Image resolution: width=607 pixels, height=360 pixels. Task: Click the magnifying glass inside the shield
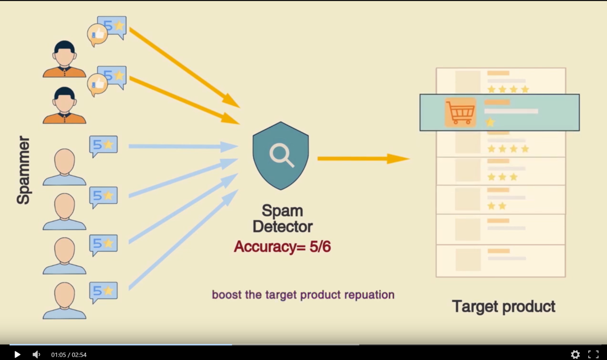click(x=281, y=154)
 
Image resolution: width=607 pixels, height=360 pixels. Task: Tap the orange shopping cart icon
click(x=460, y=113)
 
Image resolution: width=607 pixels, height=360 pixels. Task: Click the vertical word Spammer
click(x=23, y=170)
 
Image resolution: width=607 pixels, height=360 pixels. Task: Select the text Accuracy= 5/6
click(x=282, y=247)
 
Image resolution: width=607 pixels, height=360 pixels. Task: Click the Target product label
click(x=504, y=307)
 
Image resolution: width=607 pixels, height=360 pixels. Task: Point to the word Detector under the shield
click(x=282, y=227)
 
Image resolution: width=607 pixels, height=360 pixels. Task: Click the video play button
click(x=17, y=354)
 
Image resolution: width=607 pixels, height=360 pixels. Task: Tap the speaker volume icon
click(x=37, y=354)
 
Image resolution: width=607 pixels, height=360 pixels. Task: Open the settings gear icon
click(x=575, y=354)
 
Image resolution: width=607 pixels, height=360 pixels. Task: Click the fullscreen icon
click(x=593, y=354)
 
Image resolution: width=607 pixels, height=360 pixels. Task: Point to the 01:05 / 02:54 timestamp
click(x=69, y=355)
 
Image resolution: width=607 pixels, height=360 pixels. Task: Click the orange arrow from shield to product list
click(x=363, y=159)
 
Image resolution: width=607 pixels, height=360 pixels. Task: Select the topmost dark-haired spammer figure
click(x=64, y=59)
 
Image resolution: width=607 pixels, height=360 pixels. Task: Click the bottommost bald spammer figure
click(x=64, y=301)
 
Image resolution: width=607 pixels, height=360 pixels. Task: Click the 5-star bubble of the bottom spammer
click(x=103, y=291)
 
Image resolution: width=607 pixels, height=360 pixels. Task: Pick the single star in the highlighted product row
click(x=490, y=122)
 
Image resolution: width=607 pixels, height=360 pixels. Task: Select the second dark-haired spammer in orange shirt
click(x=64, y=106)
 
